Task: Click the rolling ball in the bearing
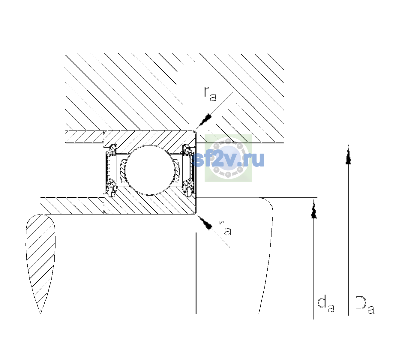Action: point(149,170)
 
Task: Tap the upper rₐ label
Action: point(210,94)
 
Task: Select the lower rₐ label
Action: point(225,228)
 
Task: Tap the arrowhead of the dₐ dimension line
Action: point(313,209)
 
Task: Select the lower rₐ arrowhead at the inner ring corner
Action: point(205,223)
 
